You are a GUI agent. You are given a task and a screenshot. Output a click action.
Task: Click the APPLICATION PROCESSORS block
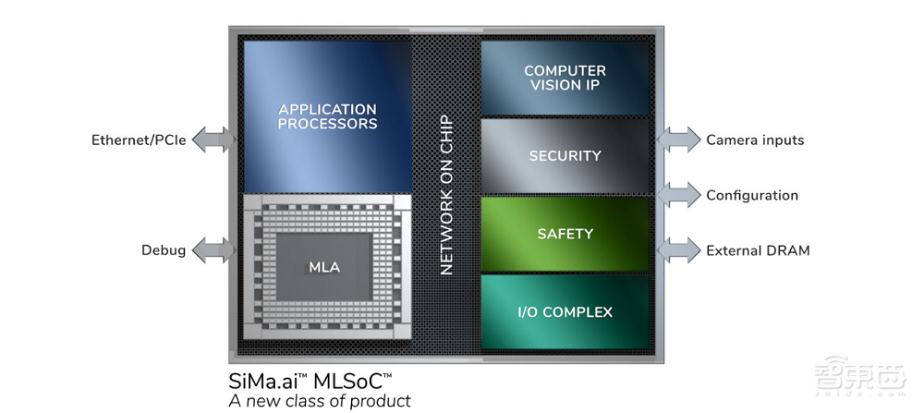point(327,116)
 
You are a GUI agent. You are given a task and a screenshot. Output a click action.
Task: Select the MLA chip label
point(324,268)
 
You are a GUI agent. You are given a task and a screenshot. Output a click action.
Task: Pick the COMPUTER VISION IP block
point(565,78)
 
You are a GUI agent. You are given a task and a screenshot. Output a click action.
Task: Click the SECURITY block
point(565,156)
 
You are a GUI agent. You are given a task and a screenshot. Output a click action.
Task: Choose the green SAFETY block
point(565,234)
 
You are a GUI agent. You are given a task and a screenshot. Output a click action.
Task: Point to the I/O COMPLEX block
point(565,311)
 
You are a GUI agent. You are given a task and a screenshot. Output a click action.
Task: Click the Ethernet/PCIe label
point(139,140)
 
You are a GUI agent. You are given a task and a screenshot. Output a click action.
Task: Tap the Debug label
point(164,249)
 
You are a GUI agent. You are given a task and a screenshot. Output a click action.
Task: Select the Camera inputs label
point(755,140)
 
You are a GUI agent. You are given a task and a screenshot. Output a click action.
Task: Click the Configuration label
point(752,195)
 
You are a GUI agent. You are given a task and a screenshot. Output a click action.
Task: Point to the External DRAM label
point(758,249)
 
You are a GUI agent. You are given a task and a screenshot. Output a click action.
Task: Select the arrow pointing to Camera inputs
point(679,140)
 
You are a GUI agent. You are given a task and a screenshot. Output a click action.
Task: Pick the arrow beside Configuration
point(679,195)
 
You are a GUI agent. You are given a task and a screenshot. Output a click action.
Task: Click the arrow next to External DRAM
point(679,249)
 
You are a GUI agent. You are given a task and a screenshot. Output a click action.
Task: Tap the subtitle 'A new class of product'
point(320,401)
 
